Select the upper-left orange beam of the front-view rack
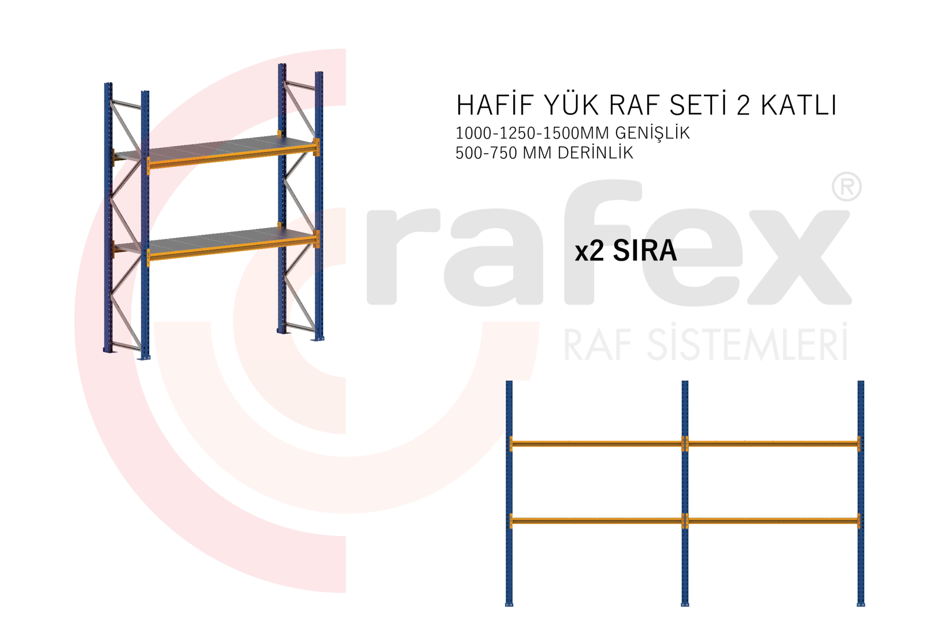[596, 443]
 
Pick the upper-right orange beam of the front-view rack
[773, 443]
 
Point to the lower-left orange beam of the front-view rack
[596, 521]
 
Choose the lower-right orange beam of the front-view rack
[773, 521]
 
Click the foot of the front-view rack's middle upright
[685, 604]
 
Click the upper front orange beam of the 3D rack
[229, 156]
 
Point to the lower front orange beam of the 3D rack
[229, 247]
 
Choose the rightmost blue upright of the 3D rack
[319, 205]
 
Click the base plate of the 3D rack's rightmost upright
[318, 339]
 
